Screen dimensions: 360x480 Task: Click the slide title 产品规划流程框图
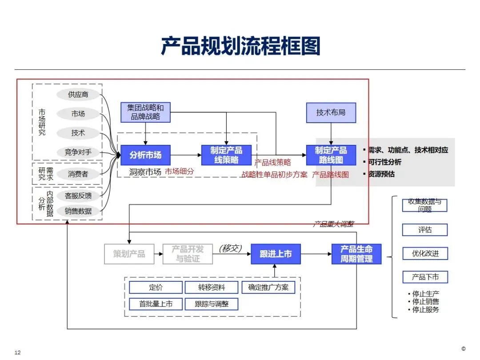240,46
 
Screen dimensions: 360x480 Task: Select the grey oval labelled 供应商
78,95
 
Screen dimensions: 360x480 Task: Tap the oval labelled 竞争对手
78,152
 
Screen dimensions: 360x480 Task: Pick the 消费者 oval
78,174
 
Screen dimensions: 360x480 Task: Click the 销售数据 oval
78,211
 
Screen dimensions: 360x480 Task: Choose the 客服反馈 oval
78,196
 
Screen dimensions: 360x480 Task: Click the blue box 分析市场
145,155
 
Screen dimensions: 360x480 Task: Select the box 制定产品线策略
226,155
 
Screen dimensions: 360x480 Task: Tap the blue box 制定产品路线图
331,155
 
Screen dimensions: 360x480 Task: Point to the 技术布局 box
331,112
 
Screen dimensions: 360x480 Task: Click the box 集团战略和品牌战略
145,112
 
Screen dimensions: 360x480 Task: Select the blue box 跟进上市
276,254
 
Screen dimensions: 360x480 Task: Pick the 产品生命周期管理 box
356,254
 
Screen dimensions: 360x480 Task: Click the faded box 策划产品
129,254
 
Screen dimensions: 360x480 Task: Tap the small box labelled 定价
156,288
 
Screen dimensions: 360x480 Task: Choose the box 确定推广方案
268,288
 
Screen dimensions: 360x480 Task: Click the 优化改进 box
425,254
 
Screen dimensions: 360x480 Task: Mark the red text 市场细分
180,171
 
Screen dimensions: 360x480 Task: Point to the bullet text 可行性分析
384,162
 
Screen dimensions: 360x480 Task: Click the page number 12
18,353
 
